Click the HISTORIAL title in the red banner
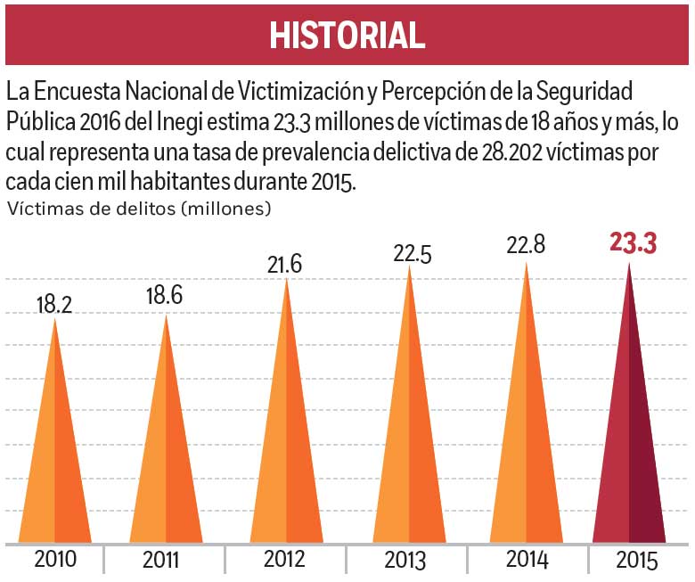347,35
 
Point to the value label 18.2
53,305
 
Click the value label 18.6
165,296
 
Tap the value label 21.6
285,264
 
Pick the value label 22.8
525,245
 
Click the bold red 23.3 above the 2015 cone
634,243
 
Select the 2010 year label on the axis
54,561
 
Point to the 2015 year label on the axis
635,561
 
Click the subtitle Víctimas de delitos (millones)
139,210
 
